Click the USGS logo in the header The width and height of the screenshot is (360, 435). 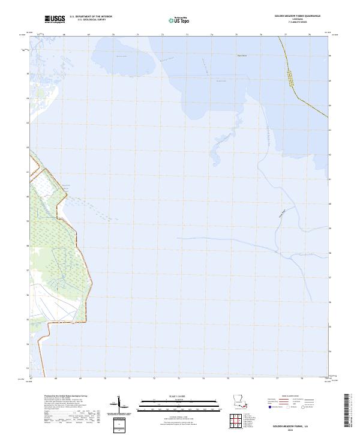point(55,19)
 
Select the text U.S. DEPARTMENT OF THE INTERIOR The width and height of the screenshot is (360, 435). point(91,16)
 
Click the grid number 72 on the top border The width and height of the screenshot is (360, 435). point(163,35)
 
